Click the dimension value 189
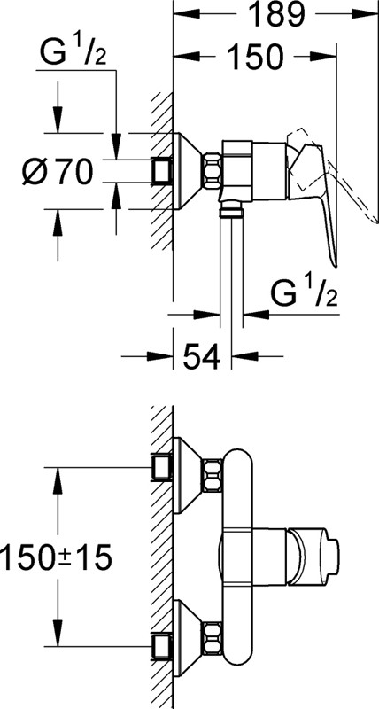276,15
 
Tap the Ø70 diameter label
58,172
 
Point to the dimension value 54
202,356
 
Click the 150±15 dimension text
56,557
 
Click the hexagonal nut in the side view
213,171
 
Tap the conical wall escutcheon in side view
189,171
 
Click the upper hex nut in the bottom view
213,476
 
